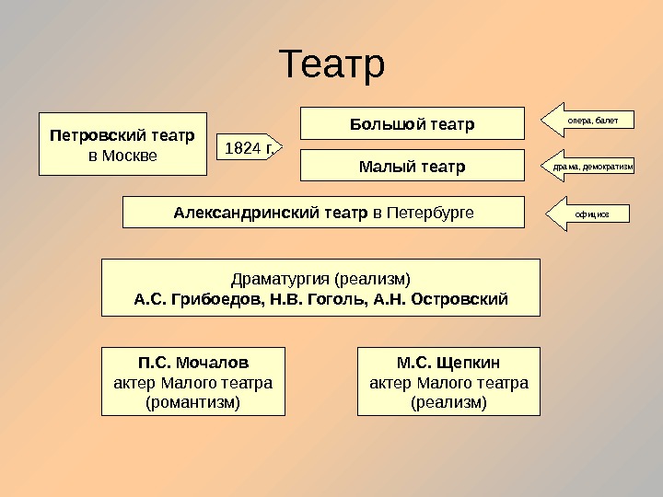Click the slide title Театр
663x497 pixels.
point(331,65)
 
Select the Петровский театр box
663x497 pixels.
point(122,144)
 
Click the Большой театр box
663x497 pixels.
point(412,123)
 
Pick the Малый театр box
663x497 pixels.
point(412,167)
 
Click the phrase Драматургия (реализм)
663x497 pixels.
point(320,277)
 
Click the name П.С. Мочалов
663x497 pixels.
point(192,362)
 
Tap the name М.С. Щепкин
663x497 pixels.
point(448,362)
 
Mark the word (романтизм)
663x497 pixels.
point(192,402)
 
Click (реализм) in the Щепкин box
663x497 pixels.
point(448,402)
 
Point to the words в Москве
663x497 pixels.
point(122,156)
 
